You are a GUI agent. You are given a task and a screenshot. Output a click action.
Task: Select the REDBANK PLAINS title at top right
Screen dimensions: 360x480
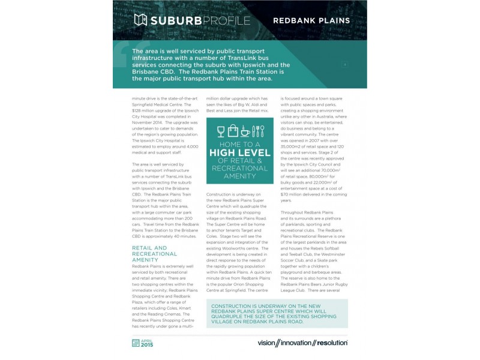point(311,20)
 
